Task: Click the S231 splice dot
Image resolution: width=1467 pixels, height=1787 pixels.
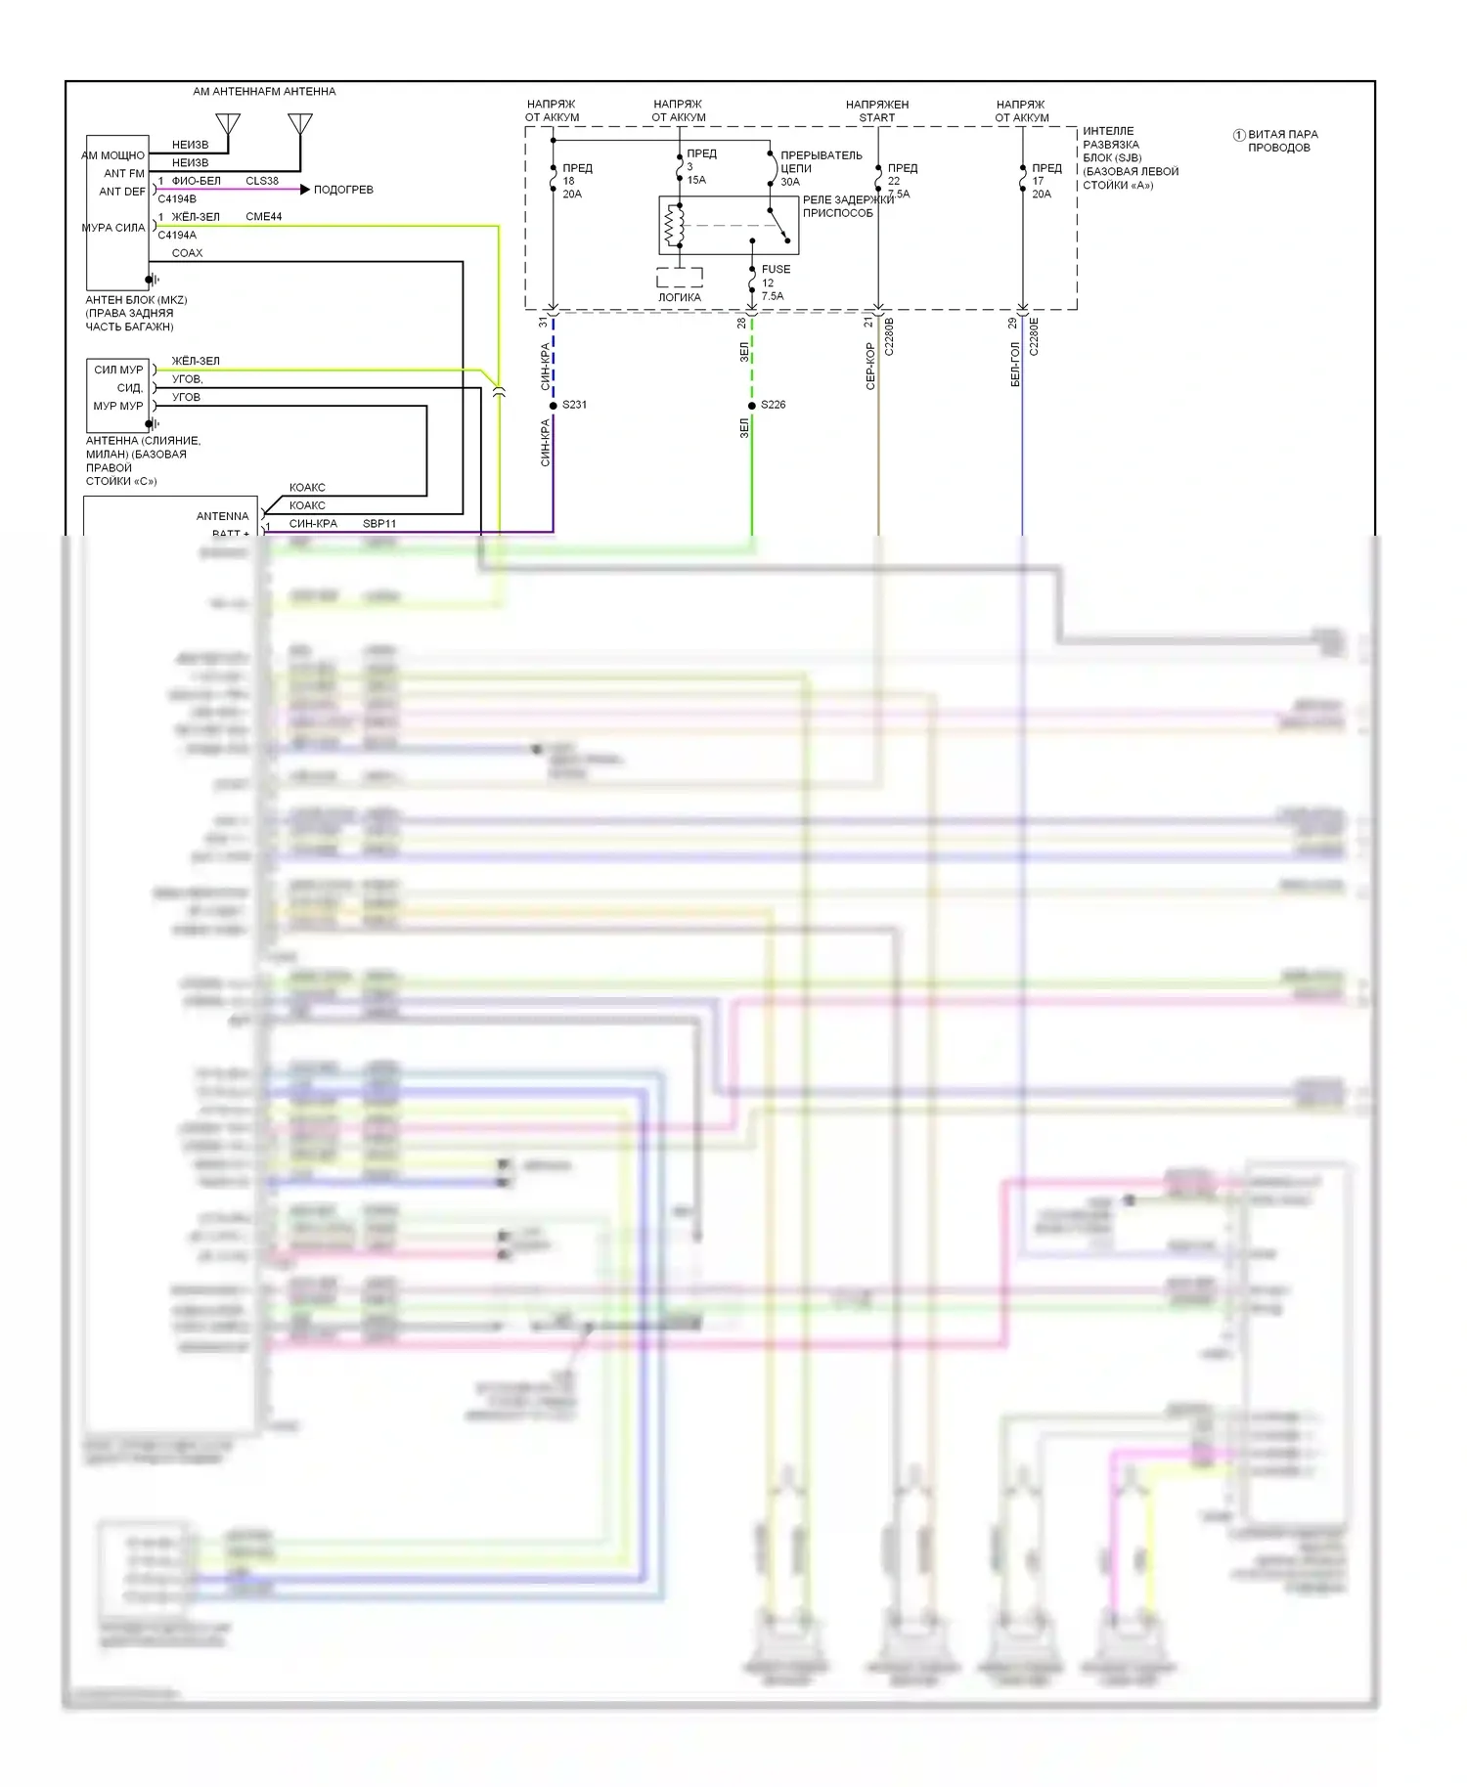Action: click(x=554, y=405)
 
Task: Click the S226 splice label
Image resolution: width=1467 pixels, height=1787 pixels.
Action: click(x=773, y=405)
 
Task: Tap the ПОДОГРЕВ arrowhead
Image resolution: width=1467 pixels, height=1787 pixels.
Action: click(x=305, y=190)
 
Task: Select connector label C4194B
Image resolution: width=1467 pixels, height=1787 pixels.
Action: click(x=177, y=199)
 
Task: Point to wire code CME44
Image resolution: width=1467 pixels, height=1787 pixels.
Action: click(x=263, y=217)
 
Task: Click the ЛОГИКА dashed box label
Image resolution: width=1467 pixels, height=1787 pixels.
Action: click(x=679, y=297)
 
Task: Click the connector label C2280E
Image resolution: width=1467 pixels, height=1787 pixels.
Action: click(x=1034, y=336)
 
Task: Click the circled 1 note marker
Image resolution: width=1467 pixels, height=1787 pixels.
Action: click(x=1238, y=135)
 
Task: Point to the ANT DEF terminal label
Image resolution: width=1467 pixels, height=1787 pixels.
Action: click(x=122, y=192)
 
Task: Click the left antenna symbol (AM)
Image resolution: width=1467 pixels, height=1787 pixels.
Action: click(x=228, y=125)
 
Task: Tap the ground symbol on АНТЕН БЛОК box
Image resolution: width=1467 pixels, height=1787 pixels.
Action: click(x=153, y=280)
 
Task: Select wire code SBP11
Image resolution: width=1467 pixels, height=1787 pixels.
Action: click(x=379, y=524)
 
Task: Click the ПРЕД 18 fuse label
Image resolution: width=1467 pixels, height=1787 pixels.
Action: click(x=576, y=181)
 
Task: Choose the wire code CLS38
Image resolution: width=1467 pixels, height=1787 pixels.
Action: click(x=262, y=181)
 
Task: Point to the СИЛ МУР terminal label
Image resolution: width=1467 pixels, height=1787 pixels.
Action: click(x=118, y=370)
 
